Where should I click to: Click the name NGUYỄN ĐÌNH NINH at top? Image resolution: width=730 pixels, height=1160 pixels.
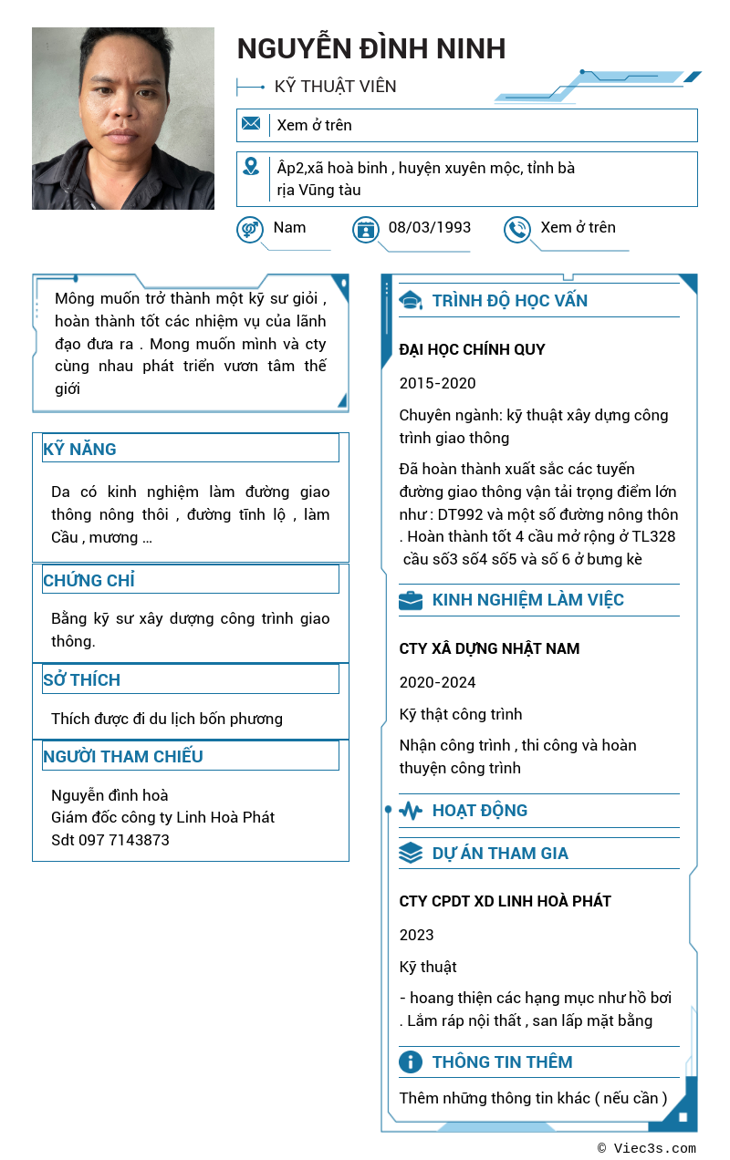[x=370, y=48]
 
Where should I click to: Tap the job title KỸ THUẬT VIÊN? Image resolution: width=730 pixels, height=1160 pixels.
[x=335, y=87]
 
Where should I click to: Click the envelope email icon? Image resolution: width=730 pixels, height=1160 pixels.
[x=251, y=124]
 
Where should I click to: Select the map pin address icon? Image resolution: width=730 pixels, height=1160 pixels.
[x=251, y=167]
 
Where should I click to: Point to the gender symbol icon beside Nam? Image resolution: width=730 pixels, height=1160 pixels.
[x=250, y=229]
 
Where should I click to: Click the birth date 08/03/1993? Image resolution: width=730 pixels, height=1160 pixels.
[x=429, y=228]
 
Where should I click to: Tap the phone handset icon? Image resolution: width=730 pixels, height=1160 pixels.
[x=517, y=229]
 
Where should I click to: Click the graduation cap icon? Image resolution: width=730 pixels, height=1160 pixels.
[x=411, y=301]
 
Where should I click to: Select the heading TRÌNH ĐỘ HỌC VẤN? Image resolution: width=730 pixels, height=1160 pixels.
[x=509, y=301]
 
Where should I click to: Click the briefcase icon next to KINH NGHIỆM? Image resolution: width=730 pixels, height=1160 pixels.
[x=411, y=600]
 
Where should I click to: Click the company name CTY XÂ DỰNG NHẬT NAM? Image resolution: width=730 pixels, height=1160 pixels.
[x=489, y=649]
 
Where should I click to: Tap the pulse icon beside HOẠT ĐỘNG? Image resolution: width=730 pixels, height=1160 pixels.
[x=411, y=811]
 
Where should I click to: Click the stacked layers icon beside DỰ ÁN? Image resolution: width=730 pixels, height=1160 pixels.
[x=411, y=854]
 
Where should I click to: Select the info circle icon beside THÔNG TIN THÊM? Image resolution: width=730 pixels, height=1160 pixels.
[x=411, y=1062]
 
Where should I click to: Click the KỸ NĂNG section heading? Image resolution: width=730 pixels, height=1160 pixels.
[x=79, y=450]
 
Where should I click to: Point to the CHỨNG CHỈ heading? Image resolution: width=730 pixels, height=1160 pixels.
[x=89, y=581]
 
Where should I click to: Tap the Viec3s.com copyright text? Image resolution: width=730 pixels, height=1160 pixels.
[x=647, y=1149]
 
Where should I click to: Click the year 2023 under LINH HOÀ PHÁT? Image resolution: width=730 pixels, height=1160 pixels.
[x=416, y=935]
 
